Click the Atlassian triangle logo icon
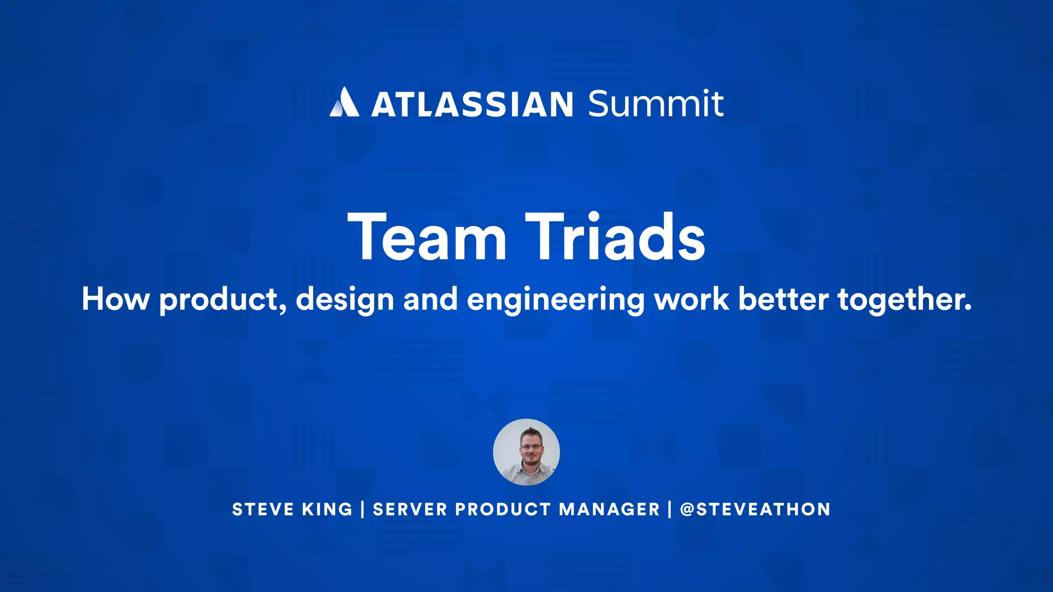pos(344,103)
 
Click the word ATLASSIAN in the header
pos(472,104)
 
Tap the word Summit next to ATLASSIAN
pos(656,104)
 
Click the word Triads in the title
pos(615,238)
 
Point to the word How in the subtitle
pos(116,299)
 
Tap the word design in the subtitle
pos(345,300)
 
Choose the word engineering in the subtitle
pos(555,300)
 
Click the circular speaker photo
pos(526,452)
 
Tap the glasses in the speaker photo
pos(530,447)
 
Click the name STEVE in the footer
pos(263,509)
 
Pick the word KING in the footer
pos(327,509)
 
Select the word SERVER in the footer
pos(410,509)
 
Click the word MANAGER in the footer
pos(609,509)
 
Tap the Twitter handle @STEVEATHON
pos(755,509)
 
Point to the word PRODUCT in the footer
pos(503,509)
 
